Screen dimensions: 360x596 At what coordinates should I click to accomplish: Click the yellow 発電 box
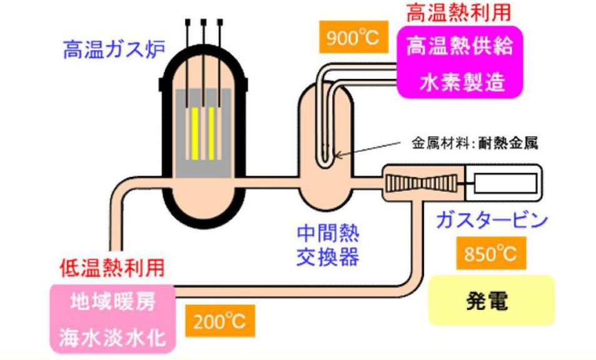(491, 301)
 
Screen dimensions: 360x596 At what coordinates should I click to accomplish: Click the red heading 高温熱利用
(458, 12)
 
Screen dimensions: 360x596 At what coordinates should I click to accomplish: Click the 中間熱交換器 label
(330, 244)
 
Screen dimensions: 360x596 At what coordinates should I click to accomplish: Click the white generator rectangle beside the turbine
(505, 183)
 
